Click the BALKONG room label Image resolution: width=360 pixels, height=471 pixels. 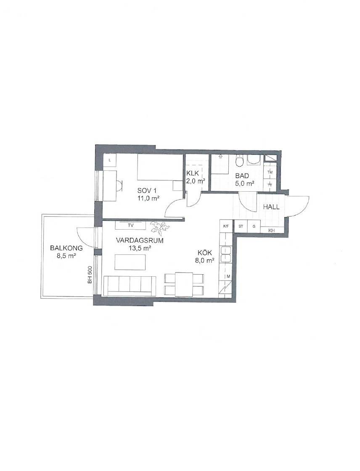pos(66,249)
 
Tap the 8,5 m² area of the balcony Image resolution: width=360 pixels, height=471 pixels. pos(66,256)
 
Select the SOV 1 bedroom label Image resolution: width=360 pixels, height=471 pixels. pos(147,191)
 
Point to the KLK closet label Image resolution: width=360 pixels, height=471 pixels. pos(193,173)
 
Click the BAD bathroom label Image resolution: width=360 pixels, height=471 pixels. pos(242,176)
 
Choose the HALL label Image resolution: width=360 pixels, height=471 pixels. pos(271,207)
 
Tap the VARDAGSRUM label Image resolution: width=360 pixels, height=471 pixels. pos(140,241)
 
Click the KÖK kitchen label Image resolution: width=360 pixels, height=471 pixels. pos(204,253)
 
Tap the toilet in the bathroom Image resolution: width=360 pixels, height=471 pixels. pos(239,161)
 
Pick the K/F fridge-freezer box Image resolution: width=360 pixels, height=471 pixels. pos(226,227)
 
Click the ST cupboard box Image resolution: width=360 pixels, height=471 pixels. pos(241,227)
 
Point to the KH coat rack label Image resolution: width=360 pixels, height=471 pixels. pos(271,230)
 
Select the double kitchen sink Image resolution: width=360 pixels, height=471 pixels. pos(225,254)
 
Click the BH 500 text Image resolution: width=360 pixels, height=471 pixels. pos(90,275)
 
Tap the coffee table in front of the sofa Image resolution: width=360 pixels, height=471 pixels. pos(130,262)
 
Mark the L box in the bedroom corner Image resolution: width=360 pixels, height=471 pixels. pos(110,160)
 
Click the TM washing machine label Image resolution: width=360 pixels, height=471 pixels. pos(270,172)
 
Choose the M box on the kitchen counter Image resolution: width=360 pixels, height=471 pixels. pos(228,276)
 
